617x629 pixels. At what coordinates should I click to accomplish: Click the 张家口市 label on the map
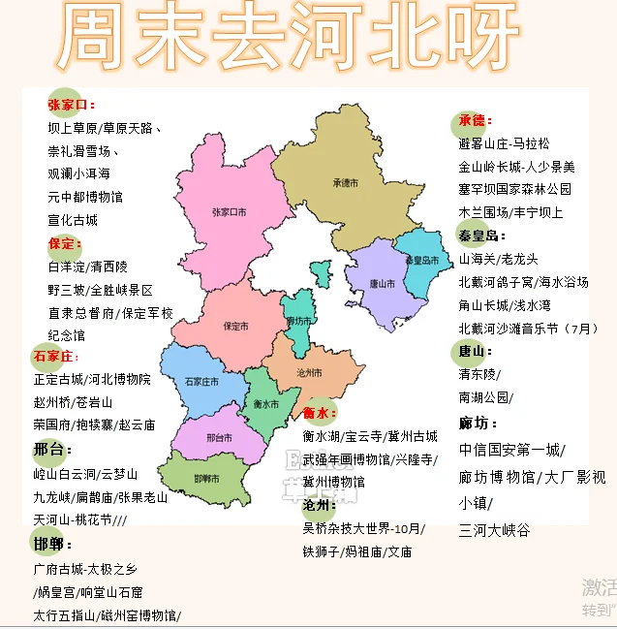229,211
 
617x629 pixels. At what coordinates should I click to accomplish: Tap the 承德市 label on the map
345,182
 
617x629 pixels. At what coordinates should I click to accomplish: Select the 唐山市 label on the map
383,284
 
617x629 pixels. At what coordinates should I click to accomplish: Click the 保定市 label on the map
236,327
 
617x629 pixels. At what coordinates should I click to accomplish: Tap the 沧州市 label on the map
310,372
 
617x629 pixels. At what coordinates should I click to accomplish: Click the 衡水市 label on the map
265,403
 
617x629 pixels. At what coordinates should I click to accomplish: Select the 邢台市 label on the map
220,438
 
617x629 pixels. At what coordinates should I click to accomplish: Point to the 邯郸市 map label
205,479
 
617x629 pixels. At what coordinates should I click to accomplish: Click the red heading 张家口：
72,104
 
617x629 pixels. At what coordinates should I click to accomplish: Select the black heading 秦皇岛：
482,236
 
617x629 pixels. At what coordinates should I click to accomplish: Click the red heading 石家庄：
60,357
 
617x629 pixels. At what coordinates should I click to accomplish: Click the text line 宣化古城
73,220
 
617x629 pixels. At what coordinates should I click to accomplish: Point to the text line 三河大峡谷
495,530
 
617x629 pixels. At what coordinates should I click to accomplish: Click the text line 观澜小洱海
79,173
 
